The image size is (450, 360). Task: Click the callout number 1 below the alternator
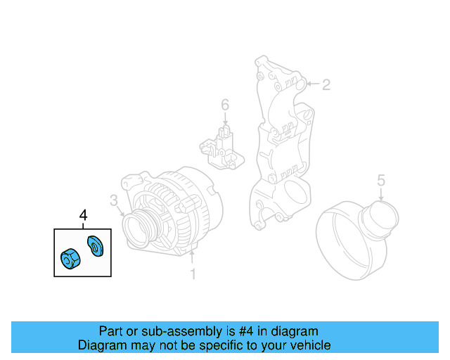(193, 273)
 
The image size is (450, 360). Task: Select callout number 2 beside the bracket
(326, 85)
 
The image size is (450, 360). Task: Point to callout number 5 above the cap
(380, 181)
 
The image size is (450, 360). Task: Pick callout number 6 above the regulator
(224, 105)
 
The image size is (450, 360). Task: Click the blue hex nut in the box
(70, 259)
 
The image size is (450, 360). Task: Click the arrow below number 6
(224, 120)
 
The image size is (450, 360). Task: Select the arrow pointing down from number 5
(380, 196)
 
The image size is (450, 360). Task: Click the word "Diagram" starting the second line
(100, 345)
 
